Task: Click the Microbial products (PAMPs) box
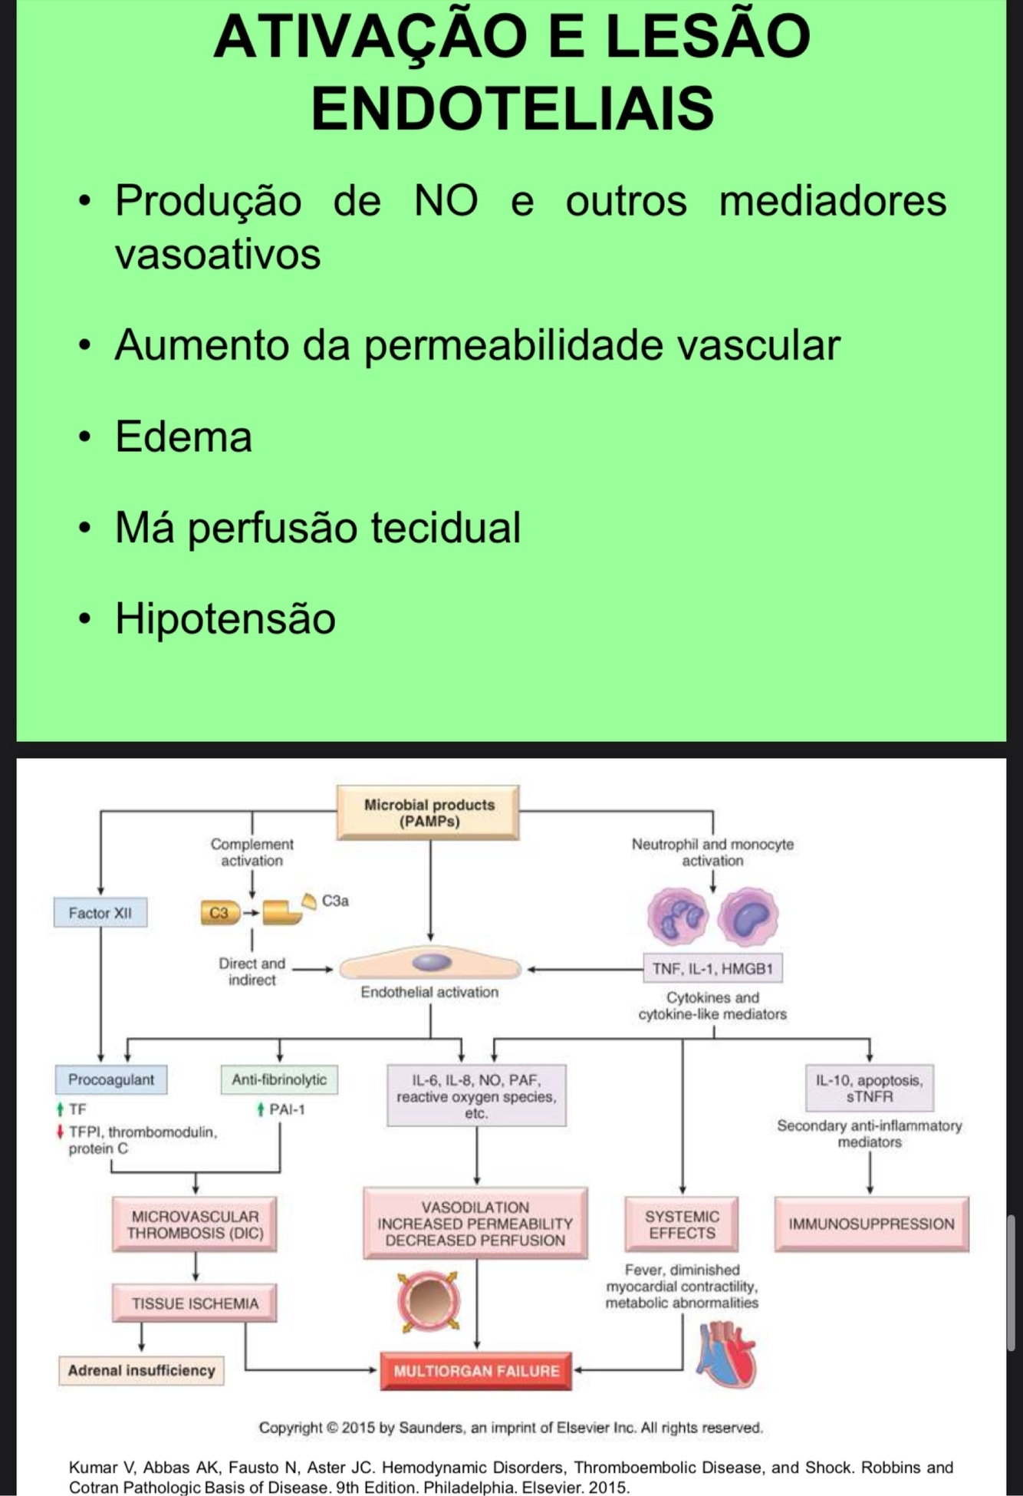tap(429, 813)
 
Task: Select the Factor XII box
tap(100, 913)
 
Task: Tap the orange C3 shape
tap(219, 913)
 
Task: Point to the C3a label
tap(335, 901)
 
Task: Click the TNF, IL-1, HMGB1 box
tap(712, 969)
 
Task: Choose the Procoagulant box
tap(111, 1079)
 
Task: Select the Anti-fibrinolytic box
tap(279, 1079)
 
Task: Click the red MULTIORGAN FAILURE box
tap(476, 1371)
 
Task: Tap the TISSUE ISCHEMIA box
tap(195, 1303)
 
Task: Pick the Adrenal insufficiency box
tap(141, 1371)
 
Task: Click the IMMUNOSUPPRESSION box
tap(871, 1224)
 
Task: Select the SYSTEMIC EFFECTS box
tap(682, 1224)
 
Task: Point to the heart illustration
tap(725, 1356)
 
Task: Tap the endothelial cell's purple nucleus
tap(431, 962)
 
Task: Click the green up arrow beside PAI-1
tap(262, 1109)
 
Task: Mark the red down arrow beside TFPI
tap(60, 1132)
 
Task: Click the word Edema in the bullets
tap(183, 437)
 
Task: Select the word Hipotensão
tap(225, 618)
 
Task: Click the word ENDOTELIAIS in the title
tap(512, 108)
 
